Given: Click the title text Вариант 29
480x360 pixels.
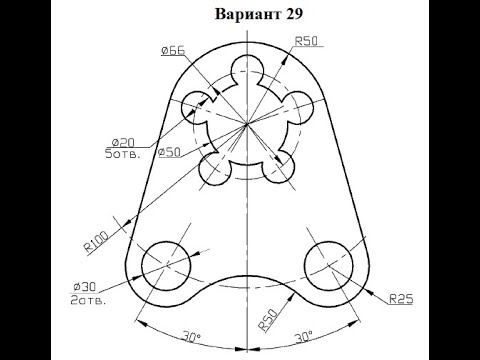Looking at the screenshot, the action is (x=259, y=14).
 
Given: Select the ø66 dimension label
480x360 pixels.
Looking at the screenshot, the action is (x=173, y=51).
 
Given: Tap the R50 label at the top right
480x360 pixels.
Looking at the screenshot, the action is (x=307, y=41).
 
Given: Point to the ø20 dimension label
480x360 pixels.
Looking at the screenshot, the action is (x=123, y=143).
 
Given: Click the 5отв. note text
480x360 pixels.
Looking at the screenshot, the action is (x=122, y=154).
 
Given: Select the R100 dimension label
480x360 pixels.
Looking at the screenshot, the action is (x=96, y=241).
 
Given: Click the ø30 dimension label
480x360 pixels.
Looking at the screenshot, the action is (x=85, y=286).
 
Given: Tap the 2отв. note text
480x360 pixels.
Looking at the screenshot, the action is (x=88, y=300).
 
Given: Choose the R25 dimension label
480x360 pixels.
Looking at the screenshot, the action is (x=401, y=299).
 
